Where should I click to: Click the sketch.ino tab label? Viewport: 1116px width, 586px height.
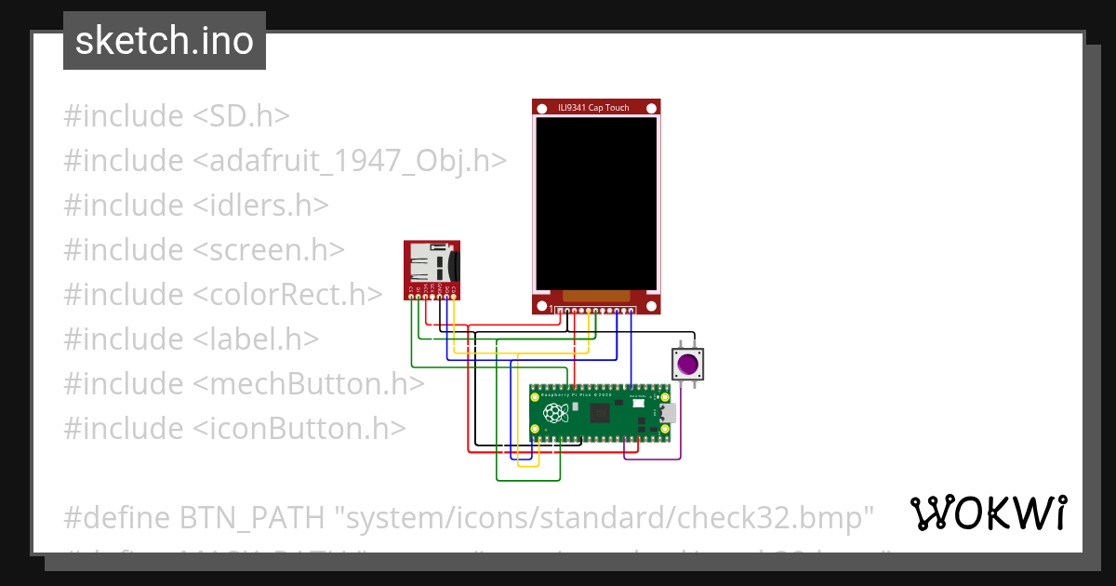click(165, 42)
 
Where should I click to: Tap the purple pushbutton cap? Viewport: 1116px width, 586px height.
click(688, 364)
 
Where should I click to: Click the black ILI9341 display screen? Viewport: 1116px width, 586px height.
click(596, 202)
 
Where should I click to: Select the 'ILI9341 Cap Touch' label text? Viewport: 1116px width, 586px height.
click(593, 108)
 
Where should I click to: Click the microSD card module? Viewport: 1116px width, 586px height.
click(432, 270)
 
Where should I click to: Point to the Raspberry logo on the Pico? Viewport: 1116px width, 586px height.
click(555, 412)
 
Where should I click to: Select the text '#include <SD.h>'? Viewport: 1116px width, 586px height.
click(177, 116)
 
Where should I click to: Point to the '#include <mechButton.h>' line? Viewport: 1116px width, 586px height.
click(244, 383)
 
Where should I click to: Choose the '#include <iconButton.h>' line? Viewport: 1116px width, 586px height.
click(234, 428)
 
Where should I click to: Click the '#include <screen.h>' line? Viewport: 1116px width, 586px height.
click(205, 249)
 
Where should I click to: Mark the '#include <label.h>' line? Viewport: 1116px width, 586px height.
click(192, 339)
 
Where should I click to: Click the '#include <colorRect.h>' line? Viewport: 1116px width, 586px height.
click(223, 294)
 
